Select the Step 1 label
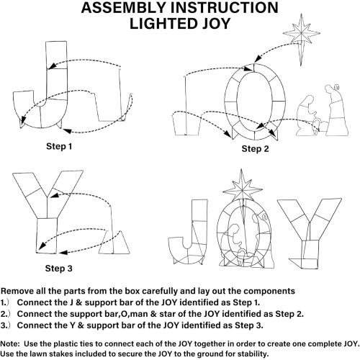(59, 146)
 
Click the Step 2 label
(255, 149)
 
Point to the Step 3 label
(58, 269)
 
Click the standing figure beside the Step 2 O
(336, 110)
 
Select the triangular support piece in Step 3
(114, 243)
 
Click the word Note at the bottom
(9, 343)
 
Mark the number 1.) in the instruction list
(4, 302)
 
